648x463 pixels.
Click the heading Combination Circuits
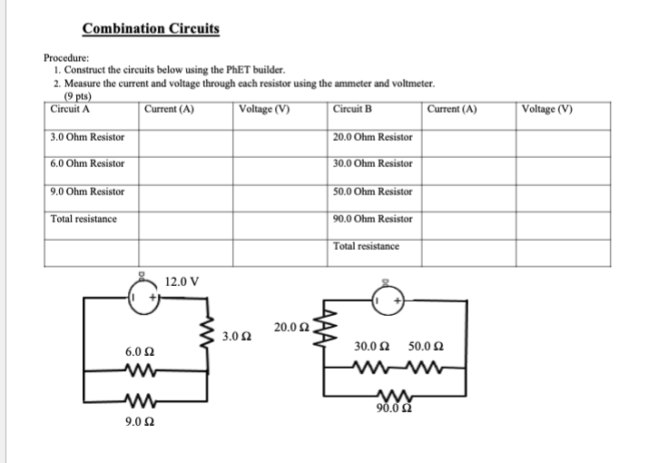[x=151, y=28]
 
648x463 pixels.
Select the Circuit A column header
[x=70, y=110]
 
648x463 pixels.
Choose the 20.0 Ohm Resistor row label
[x=373, y=137]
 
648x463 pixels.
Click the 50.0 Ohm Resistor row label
[x=373, y=192]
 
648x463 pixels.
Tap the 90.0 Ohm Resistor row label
[x=373, y=219]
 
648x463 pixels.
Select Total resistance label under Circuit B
[x=366, y=246]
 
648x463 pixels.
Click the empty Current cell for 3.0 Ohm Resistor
[x=186, y=137]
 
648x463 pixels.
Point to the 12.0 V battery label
[x=182, y=282]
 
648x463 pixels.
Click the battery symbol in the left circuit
[x=142, y=298]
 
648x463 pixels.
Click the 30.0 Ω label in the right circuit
[x=371, y=346]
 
